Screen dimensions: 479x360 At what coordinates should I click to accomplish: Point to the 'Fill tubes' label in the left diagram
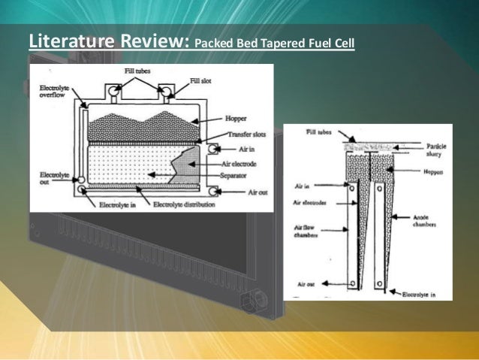140,70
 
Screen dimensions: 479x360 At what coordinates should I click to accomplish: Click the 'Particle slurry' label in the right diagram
435,150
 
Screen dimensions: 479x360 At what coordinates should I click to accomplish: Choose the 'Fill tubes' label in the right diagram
320,132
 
